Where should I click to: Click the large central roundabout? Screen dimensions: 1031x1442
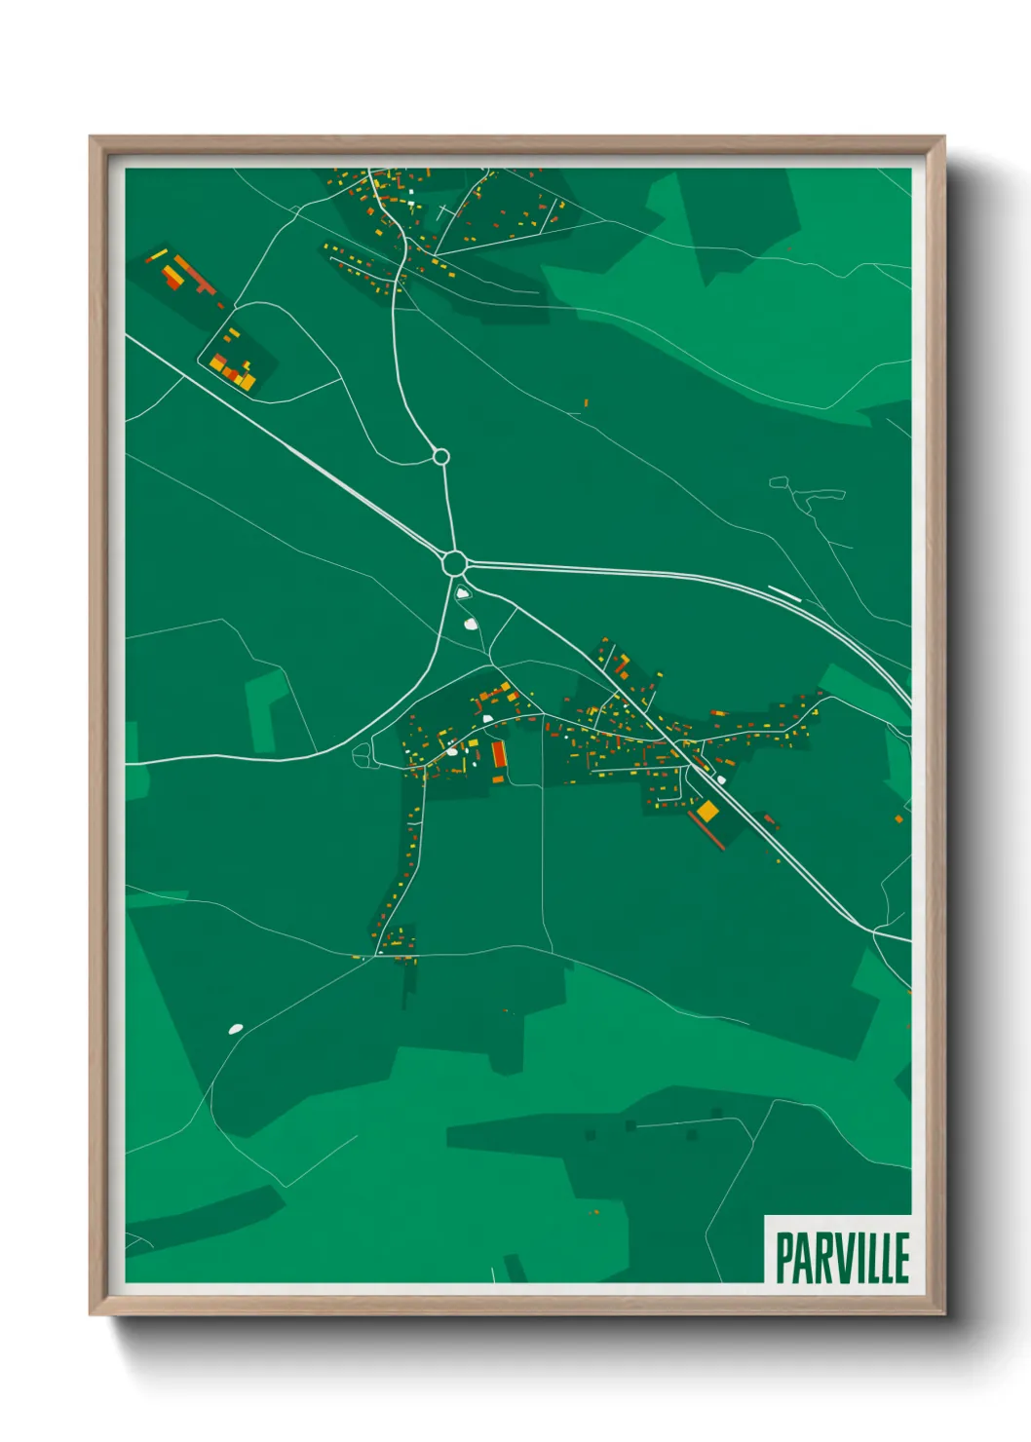click(453, 563)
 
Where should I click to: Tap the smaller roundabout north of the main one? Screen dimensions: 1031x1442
click(440, 456)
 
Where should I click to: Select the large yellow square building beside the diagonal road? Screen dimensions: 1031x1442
click(707, 810)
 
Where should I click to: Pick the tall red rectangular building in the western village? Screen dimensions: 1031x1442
click(499, 754)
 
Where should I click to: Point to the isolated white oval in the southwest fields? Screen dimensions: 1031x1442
click(235, 1028)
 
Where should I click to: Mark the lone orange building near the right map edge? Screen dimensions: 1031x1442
click(898, 819)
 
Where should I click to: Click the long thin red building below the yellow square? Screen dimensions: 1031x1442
click(706, 830)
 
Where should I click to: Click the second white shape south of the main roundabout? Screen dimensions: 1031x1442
click(471, 624)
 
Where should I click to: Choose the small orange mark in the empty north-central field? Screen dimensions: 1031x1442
click(586, 401)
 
